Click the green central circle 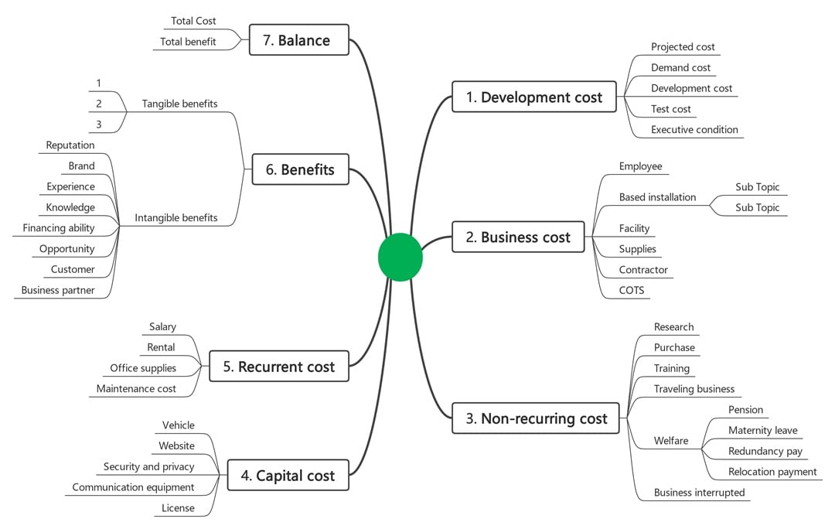400,257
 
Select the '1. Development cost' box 533,97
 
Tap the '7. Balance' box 298,40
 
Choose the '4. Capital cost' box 288,476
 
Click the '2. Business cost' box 518,237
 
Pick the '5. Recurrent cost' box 278,367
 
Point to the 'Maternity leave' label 762,431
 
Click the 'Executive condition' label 694,130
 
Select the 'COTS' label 632,291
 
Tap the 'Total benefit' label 188,42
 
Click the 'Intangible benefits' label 176,218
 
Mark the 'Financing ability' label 59,228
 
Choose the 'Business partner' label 58,291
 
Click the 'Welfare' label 670,441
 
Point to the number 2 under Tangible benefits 99,104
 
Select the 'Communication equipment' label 133,487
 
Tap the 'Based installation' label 657,197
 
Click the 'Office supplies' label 143,368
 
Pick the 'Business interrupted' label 699,493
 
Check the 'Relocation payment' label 772,472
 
